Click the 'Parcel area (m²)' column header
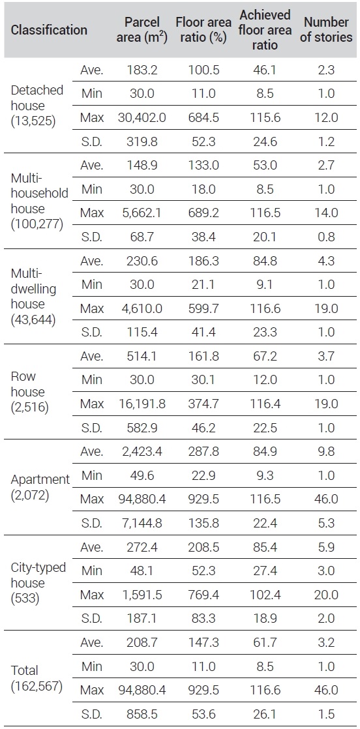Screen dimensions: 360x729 click(x=142, y=30)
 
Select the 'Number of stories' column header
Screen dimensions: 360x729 click(x=326, y=30)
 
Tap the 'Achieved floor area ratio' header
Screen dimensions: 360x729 click(x=265, y=30)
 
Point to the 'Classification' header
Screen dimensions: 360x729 click(x=49, y=30)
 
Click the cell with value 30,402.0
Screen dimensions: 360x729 click(x=142, y=118)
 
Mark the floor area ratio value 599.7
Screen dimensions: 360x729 click(x=203, y=308)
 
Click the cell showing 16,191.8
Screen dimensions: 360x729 click(x=142, y=404)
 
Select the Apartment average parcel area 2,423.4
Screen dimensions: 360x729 click(x=142, y=452)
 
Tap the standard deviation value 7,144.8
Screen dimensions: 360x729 click(x=142, y=524)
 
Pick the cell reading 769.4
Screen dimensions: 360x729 click(x=203, y=595)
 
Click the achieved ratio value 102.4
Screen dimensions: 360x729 click(x=265, y=595)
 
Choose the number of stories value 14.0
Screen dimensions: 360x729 click(x=325, y=213)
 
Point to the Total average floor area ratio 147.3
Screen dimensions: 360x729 click(x=203, y=642)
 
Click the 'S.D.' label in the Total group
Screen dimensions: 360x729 click(x=91, y=714)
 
